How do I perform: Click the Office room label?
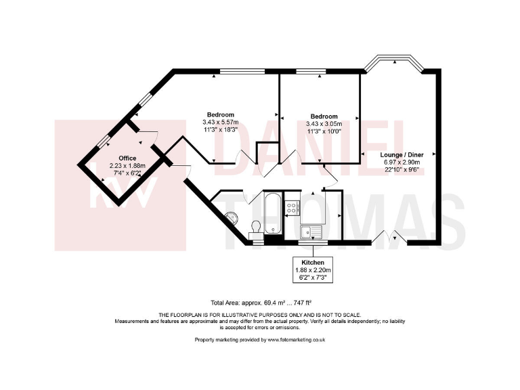tap(108, 158)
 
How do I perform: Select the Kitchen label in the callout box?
tap(313, 261)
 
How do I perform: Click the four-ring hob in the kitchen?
tap(292, 208)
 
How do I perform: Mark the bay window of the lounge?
tap(395, 63)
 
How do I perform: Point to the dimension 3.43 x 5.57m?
tap(221, 122)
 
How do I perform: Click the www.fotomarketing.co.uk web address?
tap(297, 339)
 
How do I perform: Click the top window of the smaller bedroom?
tap(311, 70)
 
